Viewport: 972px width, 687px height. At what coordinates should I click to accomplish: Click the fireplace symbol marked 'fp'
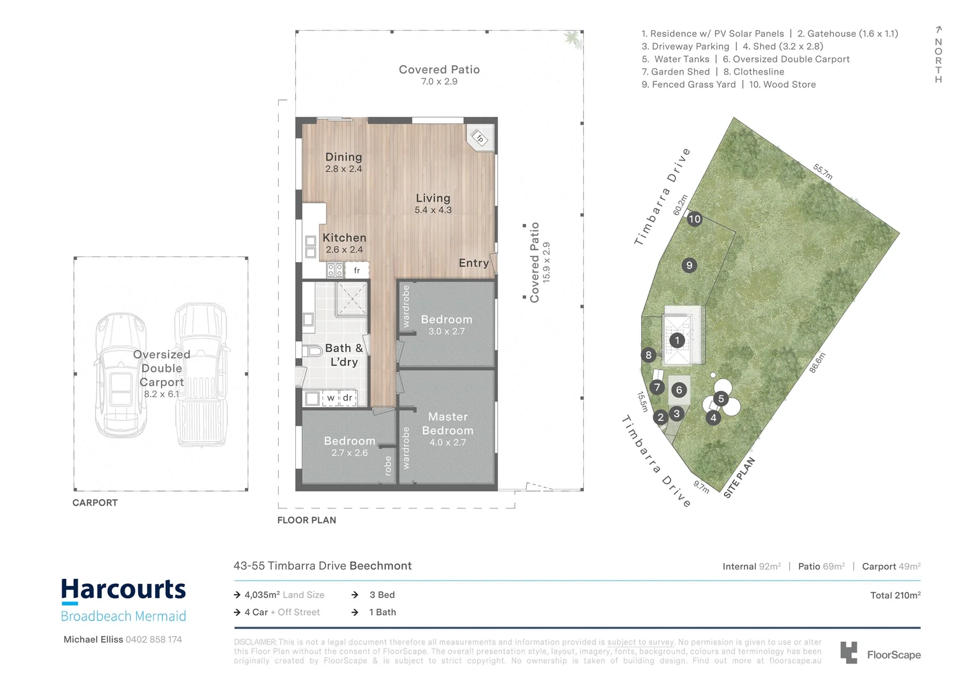(480, 137)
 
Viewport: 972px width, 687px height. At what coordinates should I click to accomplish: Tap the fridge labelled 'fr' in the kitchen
(357, 270)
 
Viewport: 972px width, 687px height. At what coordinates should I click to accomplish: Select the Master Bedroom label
(448, 424)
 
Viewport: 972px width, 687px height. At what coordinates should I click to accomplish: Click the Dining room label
(344, 157)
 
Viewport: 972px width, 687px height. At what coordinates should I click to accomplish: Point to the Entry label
(473, 263)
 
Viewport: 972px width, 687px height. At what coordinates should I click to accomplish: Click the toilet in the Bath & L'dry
(313, 350)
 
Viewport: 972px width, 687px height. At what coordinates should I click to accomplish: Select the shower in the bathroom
(351, 299)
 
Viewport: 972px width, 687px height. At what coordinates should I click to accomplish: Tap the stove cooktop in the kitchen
(335, 270)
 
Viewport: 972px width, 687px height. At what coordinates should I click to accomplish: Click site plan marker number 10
(694, 219)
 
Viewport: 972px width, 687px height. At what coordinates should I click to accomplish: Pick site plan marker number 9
(689, 265)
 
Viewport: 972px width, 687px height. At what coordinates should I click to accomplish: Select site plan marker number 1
(677, 340)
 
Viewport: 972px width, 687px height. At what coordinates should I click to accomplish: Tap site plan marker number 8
(648, 355)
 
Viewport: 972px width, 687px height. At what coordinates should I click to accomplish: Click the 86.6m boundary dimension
(817, 363)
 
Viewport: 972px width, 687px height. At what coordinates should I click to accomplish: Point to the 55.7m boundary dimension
(823, 172)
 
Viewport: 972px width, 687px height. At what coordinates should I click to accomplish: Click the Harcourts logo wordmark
(123, 590)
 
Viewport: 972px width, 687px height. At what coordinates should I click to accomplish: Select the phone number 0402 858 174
(153, 639)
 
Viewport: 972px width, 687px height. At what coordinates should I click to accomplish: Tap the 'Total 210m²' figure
(895, 595)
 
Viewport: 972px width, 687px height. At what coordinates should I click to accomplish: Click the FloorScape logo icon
(849, 653)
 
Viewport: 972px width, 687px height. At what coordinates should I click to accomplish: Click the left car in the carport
(121, 375)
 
